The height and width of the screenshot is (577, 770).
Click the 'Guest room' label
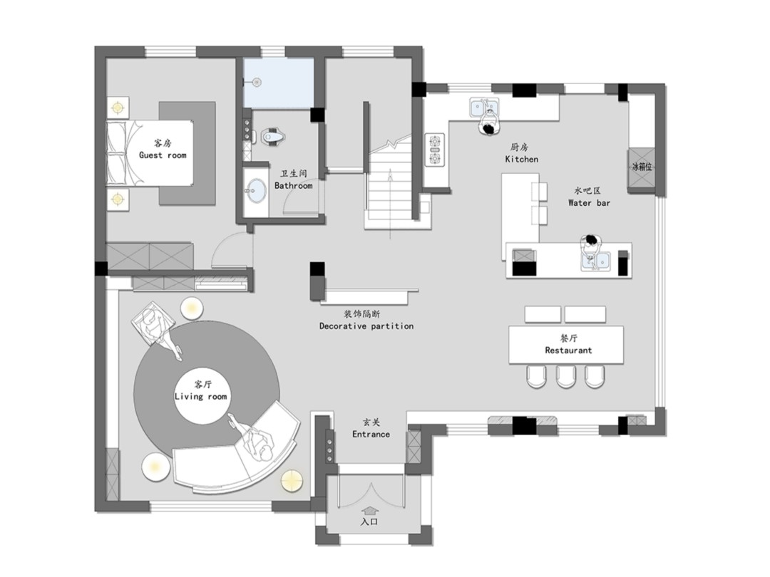pyautogui.click(x=163, y=155)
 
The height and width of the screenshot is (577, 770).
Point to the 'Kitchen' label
pyautogui.click(x=521, y=159)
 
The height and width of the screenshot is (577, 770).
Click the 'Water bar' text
pyautogui.click(x=589, y=202)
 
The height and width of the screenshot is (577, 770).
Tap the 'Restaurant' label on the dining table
pyautogui.click(x=568, y=350)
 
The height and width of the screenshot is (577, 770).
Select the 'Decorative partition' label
pyautogui.click(x=366, y=326)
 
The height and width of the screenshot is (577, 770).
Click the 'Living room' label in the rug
pyautogui.click(x=201, y=397)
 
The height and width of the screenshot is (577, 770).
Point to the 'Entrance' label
pyautogui.click(x=371, y=435)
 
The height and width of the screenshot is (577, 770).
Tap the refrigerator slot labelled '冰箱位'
pyautogui.click(x=641, y=167)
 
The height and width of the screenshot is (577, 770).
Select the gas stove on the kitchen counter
pyautogui.click(x=435, y=150)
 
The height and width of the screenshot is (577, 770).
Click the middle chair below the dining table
pyautogui.click(x=565, y=376)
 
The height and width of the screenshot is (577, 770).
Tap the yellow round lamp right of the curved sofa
pyautogui.click(x=292, y=480)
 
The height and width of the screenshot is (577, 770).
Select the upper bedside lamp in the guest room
pyautogui.click(x=118, y=107)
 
